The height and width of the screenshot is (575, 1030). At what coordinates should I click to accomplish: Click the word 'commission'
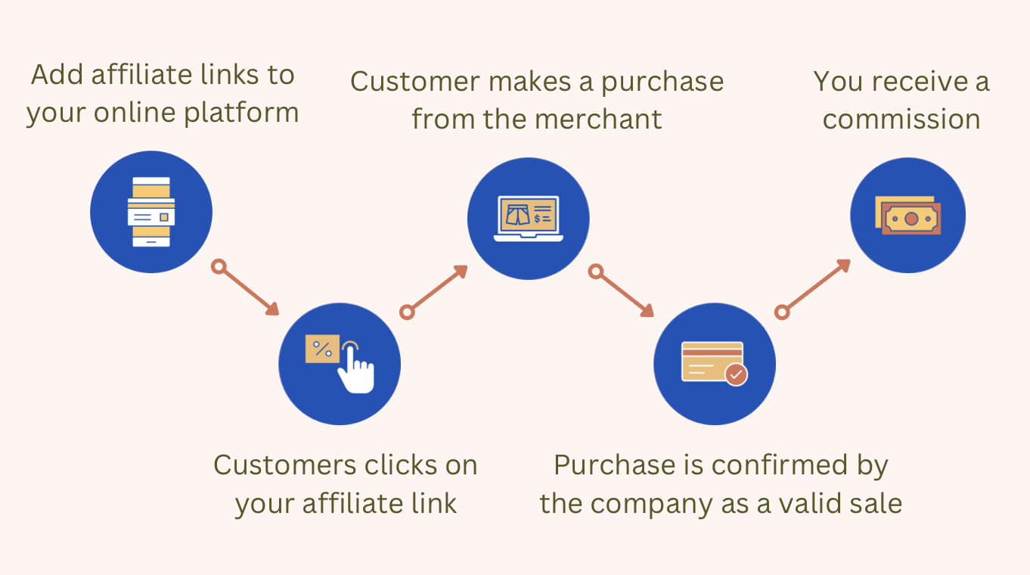click(901, 119)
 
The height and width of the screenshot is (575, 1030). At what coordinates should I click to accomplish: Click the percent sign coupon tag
click(322, 349)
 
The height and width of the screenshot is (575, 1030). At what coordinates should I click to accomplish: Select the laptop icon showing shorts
click(528, 218)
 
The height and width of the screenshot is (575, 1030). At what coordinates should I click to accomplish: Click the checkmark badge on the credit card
click(736, 374)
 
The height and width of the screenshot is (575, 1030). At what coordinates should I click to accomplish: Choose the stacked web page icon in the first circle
click(151, 212)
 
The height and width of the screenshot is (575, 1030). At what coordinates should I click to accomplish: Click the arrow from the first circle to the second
click(248, 289)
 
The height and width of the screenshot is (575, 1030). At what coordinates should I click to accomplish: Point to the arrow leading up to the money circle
click(816, 287)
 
